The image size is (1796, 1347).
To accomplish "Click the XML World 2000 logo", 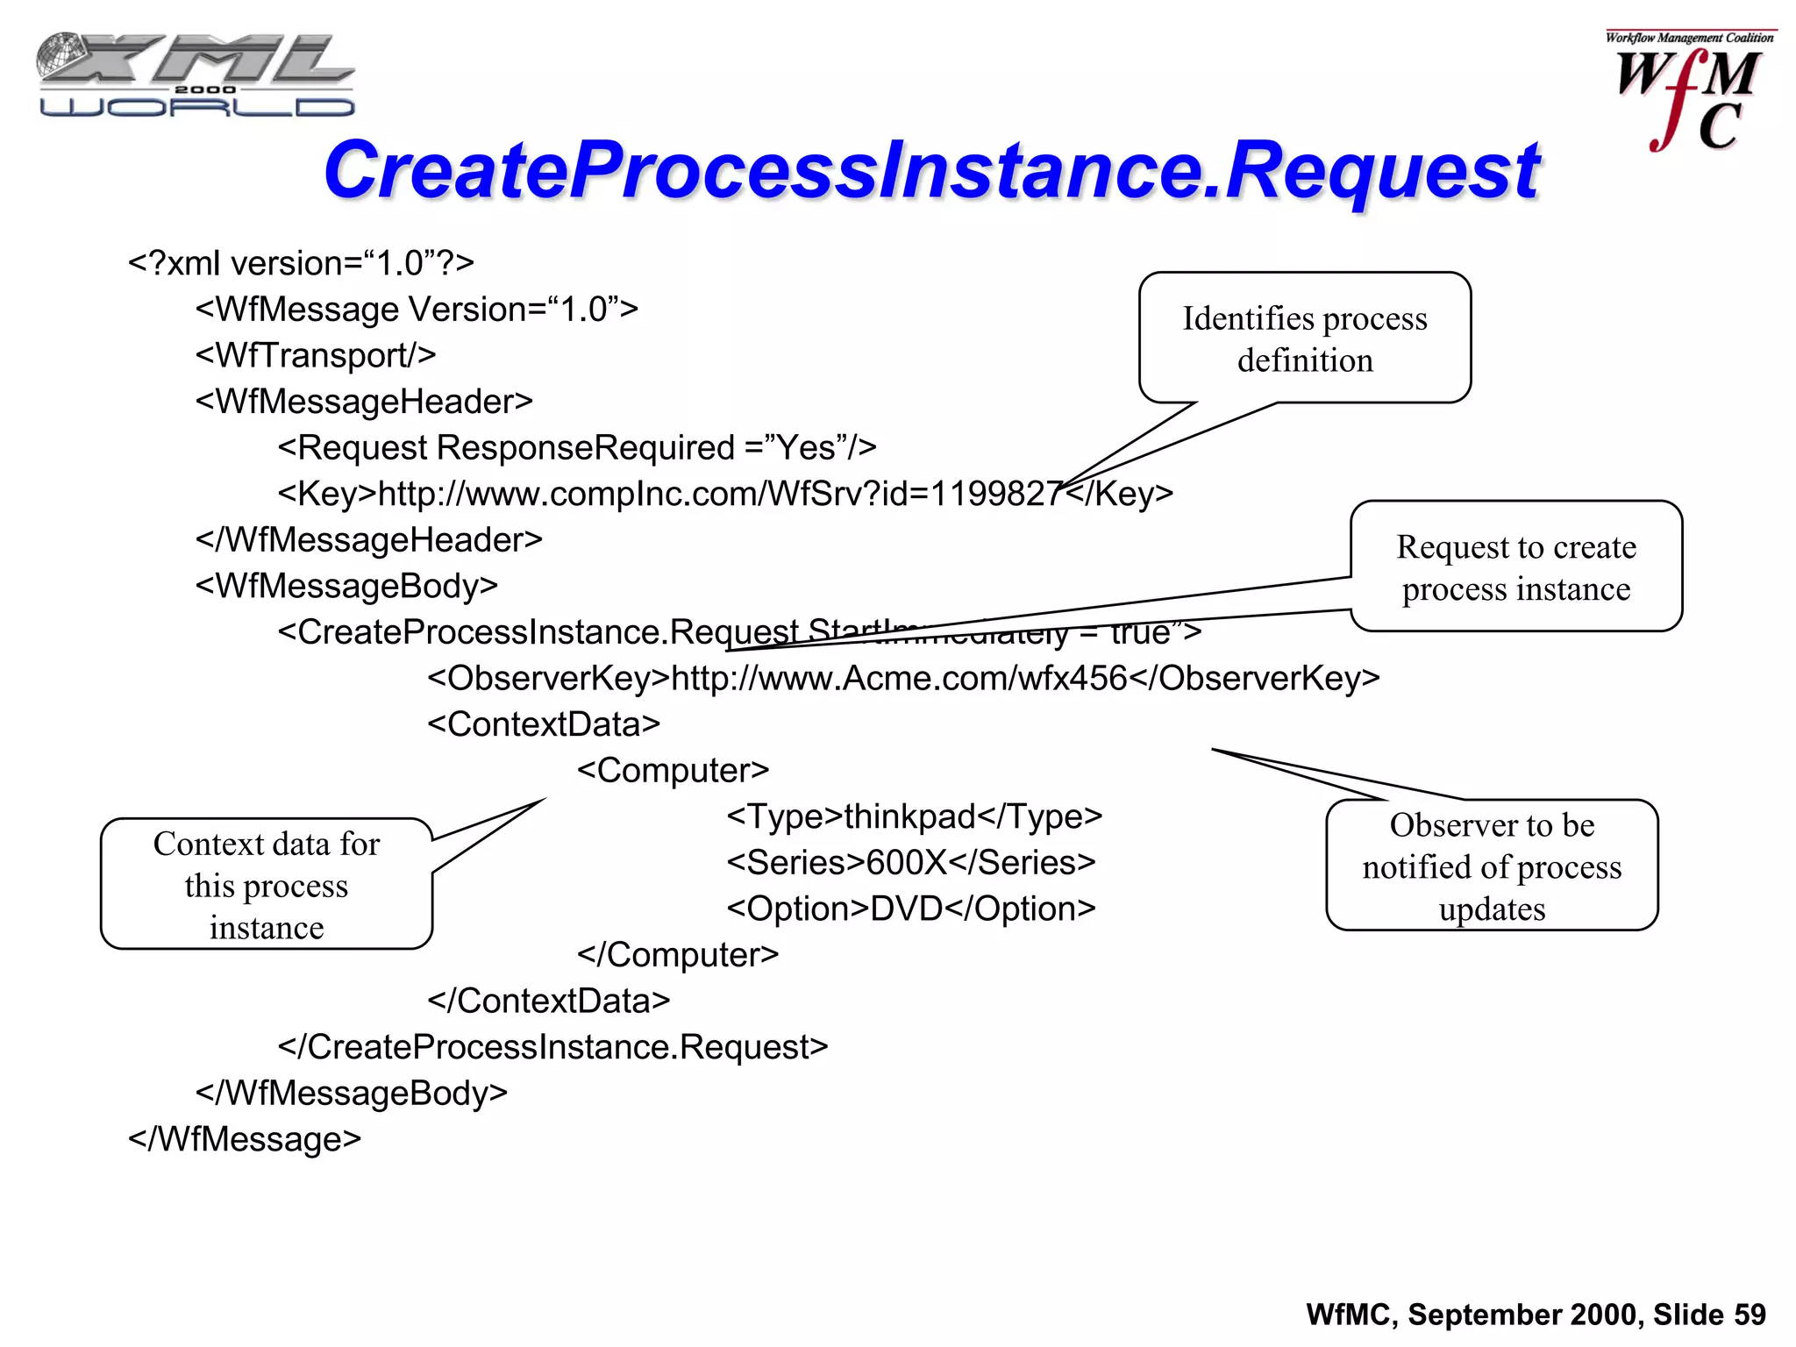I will pyautogui.click(x=196, y=75).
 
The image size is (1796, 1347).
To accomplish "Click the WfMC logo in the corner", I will pyautogui.click(x=1688, y=92).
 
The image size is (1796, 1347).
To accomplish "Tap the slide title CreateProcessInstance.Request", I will pyautogui.click(x=931, y=170).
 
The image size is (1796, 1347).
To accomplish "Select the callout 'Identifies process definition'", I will pyautogui.click(x=1304, y=339).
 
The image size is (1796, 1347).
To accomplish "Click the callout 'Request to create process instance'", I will pyautogui.click(x=1515, y=567).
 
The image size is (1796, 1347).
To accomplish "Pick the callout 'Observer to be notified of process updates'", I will pyautogui.click(x=1491, y=866).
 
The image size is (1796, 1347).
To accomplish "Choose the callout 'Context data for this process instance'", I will pyautogui.click(x=267, y=885).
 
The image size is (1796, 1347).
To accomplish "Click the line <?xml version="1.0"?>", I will pyautogui.click(x=301, y=263).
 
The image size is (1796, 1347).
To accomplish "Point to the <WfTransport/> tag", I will pyautogui.click(x=316, y=355).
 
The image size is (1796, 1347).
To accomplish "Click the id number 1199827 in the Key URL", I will pyautogui.click(x=996, y=494).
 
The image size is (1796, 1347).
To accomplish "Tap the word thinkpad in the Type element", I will pyautogui.click(x=909, y=816).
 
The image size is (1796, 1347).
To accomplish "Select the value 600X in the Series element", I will pyautogui.click(x=907, y=863).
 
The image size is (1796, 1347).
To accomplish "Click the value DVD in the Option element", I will pyautogui.click(x=907, y=909).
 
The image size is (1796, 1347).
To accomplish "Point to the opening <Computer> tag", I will pyautogui.click(x=673, y=771).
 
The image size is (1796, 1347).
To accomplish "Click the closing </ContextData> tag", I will pyautogui.click(x=549, y=1001).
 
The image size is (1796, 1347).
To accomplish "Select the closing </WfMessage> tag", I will pyautogui.click(x=245, y=1139).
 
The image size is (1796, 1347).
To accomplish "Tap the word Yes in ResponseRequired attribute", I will pyautogui.click(x=806, y=448).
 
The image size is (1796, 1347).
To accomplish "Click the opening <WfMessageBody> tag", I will pyautogui.click(x=346, y=586).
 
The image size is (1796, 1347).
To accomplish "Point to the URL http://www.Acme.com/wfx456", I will pyautogui.click(x=899, y=678).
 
